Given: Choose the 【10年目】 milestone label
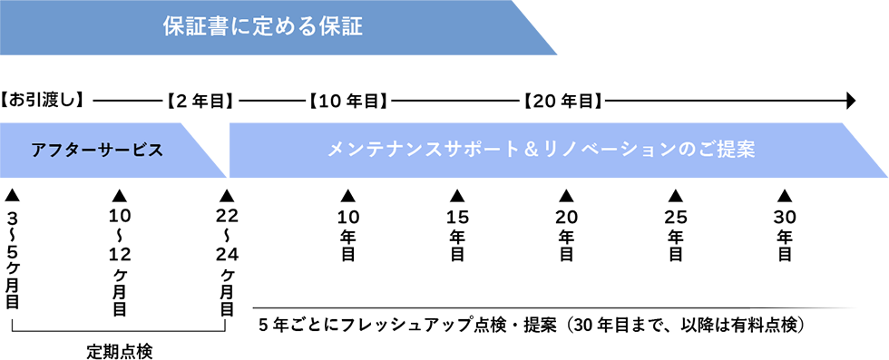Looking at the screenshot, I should click(343, 102).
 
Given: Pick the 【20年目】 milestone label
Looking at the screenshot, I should click(563, 102).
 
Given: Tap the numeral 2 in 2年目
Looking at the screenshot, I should click(184, 102).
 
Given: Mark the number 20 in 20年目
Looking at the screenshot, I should click(548, 102).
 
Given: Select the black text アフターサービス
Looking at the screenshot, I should click(97, 151).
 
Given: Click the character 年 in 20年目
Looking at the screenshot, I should click(571, 102).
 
